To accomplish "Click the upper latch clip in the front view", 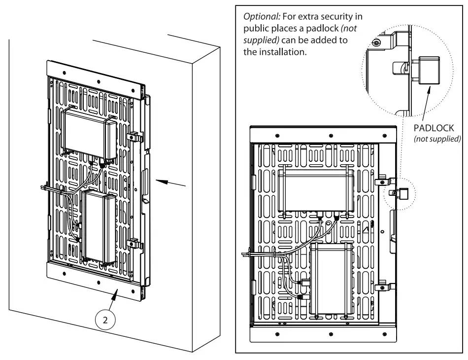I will coord(385,180).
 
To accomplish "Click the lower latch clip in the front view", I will coord(384,287).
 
